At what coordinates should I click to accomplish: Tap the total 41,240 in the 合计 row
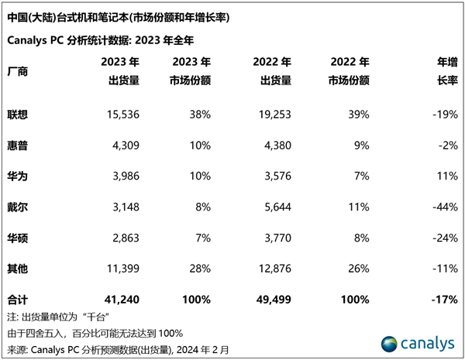(121, 299)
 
